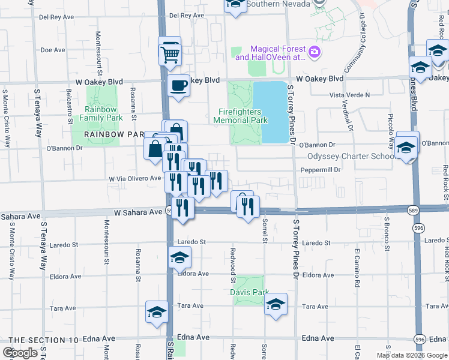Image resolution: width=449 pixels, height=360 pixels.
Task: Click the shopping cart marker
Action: (x=170, y=54)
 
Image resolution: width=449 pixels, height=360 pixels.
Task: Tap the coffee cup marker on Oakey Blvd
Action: (x=178, y=86)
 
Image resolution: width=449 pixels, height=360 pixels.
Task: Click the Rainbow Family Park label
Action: (x=100, y=113)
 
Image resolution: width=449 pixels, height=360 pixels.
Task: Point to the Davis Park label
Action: (x=249, y=292)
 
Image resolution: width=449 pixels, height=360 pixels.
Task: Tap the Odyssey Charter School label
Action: (x=351, y=156)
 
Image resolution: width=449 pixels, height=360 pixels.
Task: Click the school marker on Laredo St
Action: (x=179, y=258)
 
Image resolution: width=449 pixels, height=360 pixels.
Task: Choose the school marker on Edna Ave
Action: (x=157, y=312)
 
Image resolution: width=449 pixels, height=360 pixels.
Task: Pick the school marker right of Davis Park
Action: (x=276, y=304)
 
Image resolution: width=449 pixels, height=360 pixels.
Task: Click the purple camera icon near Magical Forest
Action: (x=314, y=53)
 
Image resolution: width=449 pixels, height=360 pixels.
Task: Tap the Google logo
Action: (x=20, y=353)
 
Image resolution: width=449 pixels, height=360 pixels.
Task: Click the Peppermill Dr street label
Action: (x=321, y=170)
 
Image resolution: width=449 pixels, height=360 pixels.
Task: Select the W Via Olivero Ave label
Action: (x=135, y=178)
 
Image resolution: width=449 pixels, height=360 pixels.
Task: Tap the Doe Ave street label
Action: (x=53, y=50)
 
